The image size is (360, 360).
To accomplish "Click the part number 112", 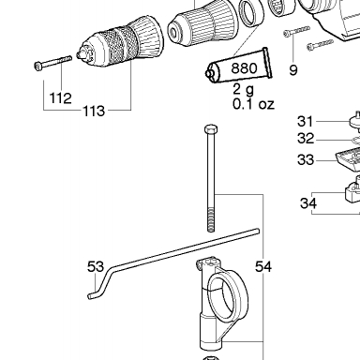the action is [x=61, y=98].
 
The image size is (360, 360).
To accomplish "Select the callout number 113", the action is [x=94, y=111].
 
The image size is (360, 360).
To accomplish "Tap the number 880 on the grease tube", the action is [x=244, y=67].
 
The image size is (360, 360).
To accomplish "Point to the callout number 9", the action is [x=293, y=70].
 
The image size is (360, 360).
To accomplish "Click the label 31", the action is [x=305, y=121].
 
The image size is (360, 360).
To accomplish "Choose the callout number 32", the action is [x=306, y=138].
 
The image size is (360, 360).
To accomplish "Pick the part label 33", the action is [x=306, y=159].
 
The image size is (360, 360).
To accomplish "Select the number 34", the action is [x=308, y=203].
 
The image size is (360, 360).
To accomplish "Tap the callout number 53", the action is [x=96, y=267].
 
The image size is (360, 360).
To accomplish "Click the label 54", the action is [x=263, y=267].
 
